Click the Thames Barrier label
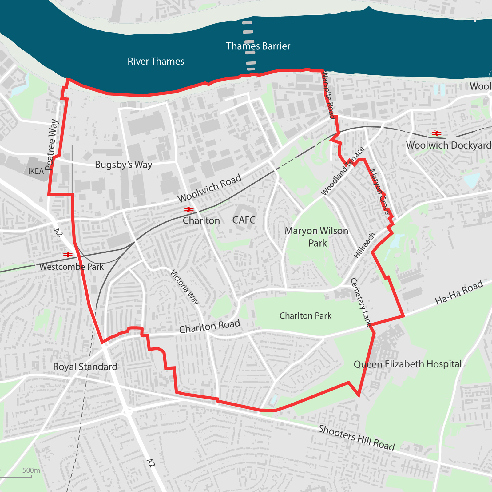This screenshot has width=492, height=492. click(x=258, y=46)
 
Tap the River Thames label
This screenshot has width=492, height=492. click(x=156, y=61)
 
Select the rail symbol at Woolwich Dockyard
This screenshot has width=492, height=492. click(x=437, y=133)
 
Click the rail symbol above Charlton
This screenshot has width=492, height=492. click(x=189, y=210)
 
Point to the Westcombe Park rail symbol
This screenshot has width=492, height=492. click(x=68, y=255)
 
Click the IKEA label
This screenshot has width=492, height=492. click(x=36, y=171)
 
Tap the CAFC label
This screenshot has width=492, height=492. click(x=244, y=220)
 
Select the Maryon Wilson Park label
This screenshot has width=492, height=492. click(x=317, y=237)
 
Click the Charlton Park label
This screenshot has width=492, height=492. click(x=305, y=316)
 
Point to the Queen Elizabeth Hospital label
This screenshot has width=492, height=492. click(x=407, y=364)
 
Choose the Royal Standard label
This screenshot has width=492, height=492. click(x=85, y=367)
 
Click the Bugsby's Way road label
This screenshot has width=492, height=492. click(x=123, y=165)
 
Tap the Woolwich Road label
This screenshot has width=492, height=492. click(x=209, y=188)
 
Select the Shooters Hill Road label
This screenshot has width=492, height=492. click(x=356, y=438)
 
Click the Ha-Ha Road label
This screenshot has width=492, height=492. click(x=459, y=292)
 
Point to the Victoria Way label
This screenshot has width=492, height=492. click(x=184, y=287)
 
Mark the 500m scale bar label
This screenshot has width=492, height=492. click(x=31, y=470)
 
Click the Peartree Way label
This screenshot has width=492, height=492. click(x=51, y=145)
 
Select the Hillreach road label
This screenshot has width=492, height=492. click(x=364, y=245)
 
